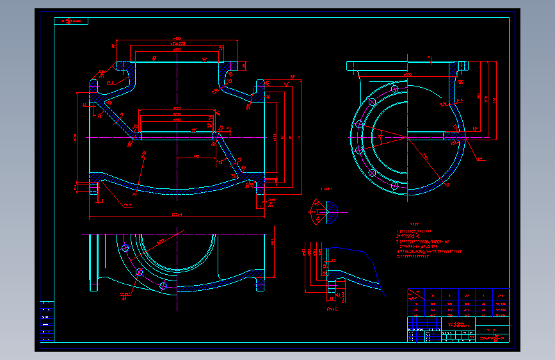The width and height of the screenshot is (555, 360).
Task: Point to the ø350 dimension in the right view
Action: pos(407,74)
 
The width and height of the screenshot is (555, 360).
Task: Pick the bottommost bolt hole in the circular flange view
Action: pos(394,185)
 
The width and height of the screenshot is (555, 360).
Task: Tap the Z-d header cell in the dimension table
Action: pos(500,295)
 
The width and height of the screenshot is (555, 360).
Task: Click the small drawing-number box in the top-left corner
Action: pos(72,21)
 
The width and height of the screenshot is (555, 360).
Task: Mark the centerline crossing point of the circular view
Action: pos(407,136)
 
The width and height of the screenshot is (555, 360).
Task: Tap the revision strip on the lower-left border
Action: pos(47,321)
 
